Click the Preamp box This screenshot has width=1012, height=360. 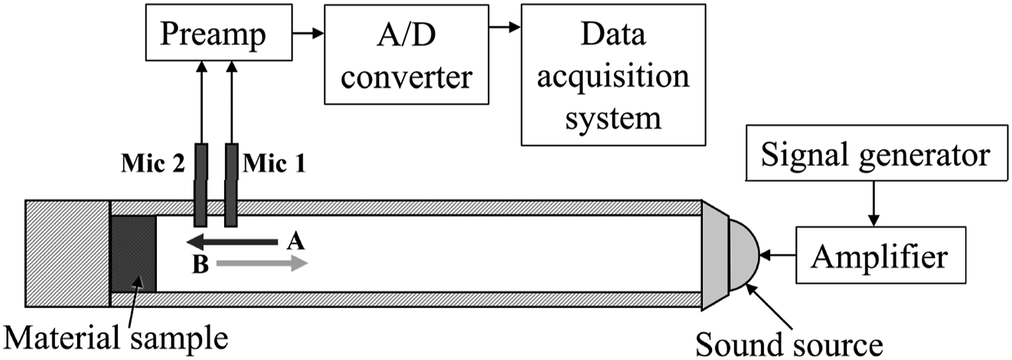[x=218, y=33]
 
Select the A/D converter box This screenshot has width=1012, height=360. [x=407, y=55]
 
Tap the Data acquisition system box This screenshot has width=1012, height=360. [x=613, y=75]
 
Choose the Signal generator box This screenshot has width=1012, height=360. [x=876, y=153]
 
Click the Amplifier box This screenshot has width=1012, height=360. [x=880, y=255]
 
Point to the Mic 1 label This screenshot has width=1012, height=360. [x=274, y=164]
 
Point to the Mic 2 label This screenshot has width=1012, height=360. [x=153, y=164]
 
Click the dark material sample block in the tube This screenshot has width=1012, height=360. [x=133, y=254]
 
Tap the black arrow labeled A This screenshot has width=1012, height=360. [x=232, y=242]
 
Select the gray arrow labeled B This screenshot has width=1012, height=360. [x=262, y=264]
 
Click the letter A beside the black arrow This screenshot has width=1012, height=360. [x=296, y=240]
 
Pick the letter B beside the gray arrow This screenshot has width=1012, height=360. [x=200, y=265]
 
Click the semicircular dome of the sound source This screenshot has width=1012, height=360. [x=744, y=254]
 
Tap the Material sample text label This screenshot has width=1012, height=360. [x=116, y=338]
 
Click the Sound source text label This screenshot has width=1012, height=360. [x=789, y=344]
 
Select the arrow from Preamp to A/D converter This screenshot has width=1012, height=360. [x=308, y=33]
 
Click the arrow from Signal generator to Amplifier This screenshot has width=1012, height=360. [x=874, y=204]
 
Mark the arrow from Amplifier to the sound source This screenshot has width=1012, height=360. [x=778, y=255]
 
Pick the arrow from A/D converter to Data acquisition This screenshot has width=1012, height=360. [x=505, y=26]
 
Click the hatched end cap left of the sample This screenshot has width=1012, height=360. [x=67, y=254]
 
